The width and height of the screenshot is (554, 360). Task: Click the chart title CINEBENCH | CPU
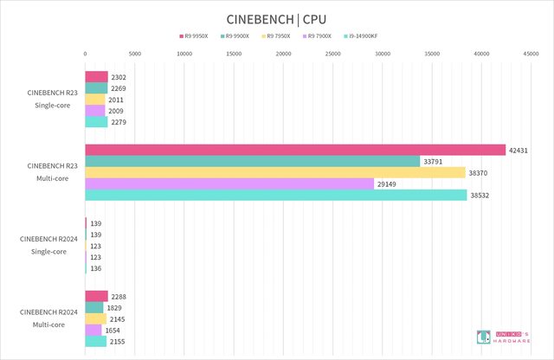[277, 18]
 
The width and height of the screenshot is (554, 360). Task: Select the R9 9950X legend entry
[192, 37]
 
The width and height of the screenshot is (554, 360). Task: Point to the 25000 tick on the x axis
[332, 54]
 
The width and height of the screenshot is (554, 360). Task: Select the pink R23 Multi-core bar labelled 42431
[295, 150]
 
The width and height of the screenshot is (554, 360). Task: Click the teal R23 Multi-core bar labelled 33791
[252, 161]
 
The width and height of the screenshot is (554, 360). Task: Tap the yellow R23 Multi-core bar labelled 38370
[275, 172]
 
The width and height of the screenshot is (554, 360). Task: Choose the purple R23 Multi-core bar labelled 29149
[229, 183]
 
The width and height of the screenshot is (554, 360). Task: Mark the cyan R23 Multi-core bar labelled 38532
[275, 195]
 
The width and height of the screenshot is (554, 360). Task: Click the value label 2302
[119, 77]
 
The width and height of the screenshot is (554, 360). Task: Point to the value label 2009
[116, 111]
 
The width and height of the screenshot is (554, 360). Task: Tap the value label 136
[96, 268]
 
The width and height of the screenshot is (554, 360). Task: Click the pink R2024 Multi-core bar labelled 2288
[96, 297]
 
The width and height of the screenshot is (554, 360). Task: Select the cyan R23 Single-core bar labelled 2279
[96, 122]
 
